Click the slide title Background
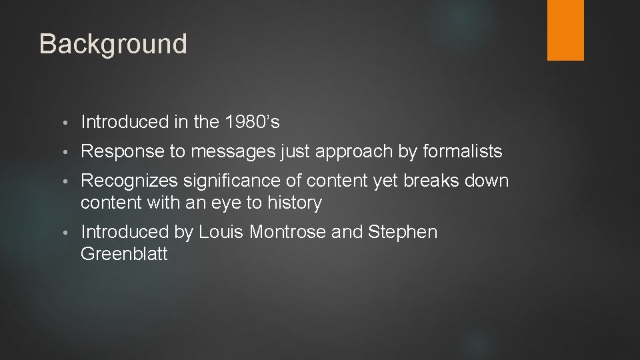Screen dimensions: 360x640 click(113, 44)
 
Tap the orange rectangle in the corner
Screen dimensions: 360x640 click(565, 30)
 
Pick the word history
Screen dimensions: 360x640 click(293, 203)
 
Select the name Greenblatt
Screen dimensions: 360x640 click(124, 253)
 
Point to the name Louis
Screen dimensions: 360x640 click(221, 232)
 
